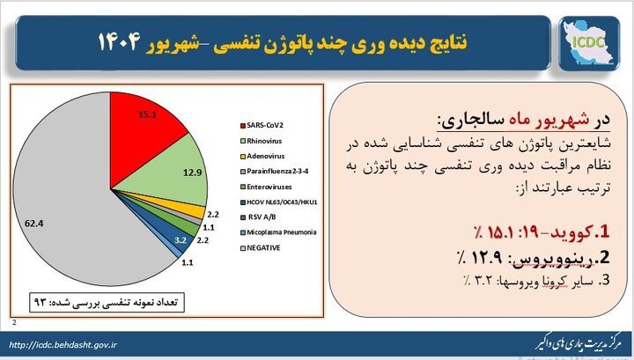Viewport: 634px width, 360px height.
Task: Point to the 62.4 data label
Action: (34, 224)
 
